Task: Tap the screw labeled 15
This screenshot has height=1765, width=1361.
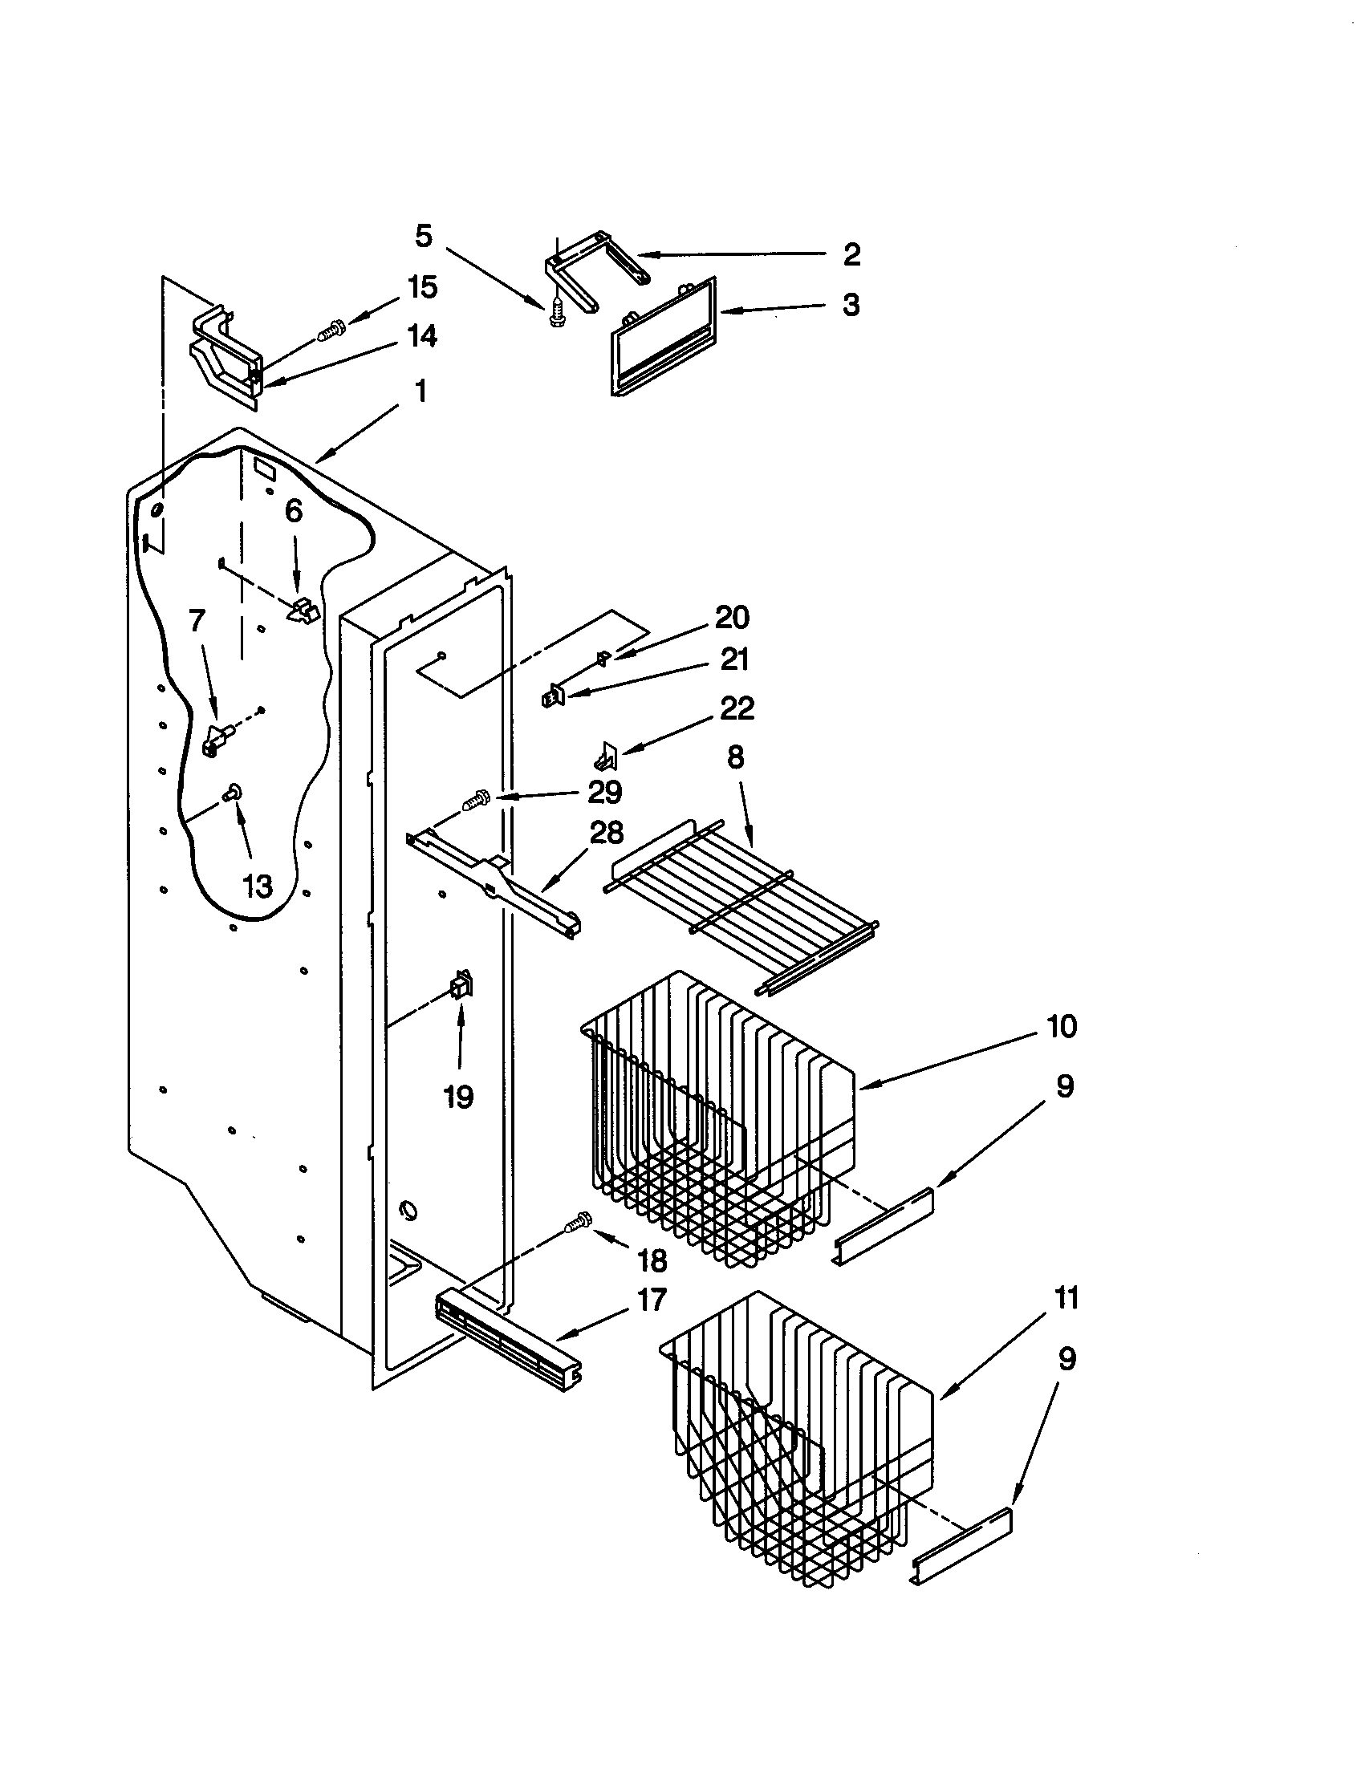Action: point(331,330)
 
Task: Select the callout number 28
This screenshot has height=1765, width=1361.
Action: point(606,832)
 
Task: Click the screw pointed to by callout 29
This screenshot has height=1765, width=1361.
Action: point(474,801)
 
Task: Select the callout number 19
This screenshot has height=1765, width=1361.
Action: point(458,1097)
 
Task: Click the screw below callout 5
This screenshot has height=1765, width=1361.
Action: point(556,313)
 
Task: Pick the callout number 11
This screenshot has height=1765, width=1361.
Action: point(1066,1299)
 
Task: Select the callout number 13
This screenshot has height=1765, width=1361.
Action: point(258,887)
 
